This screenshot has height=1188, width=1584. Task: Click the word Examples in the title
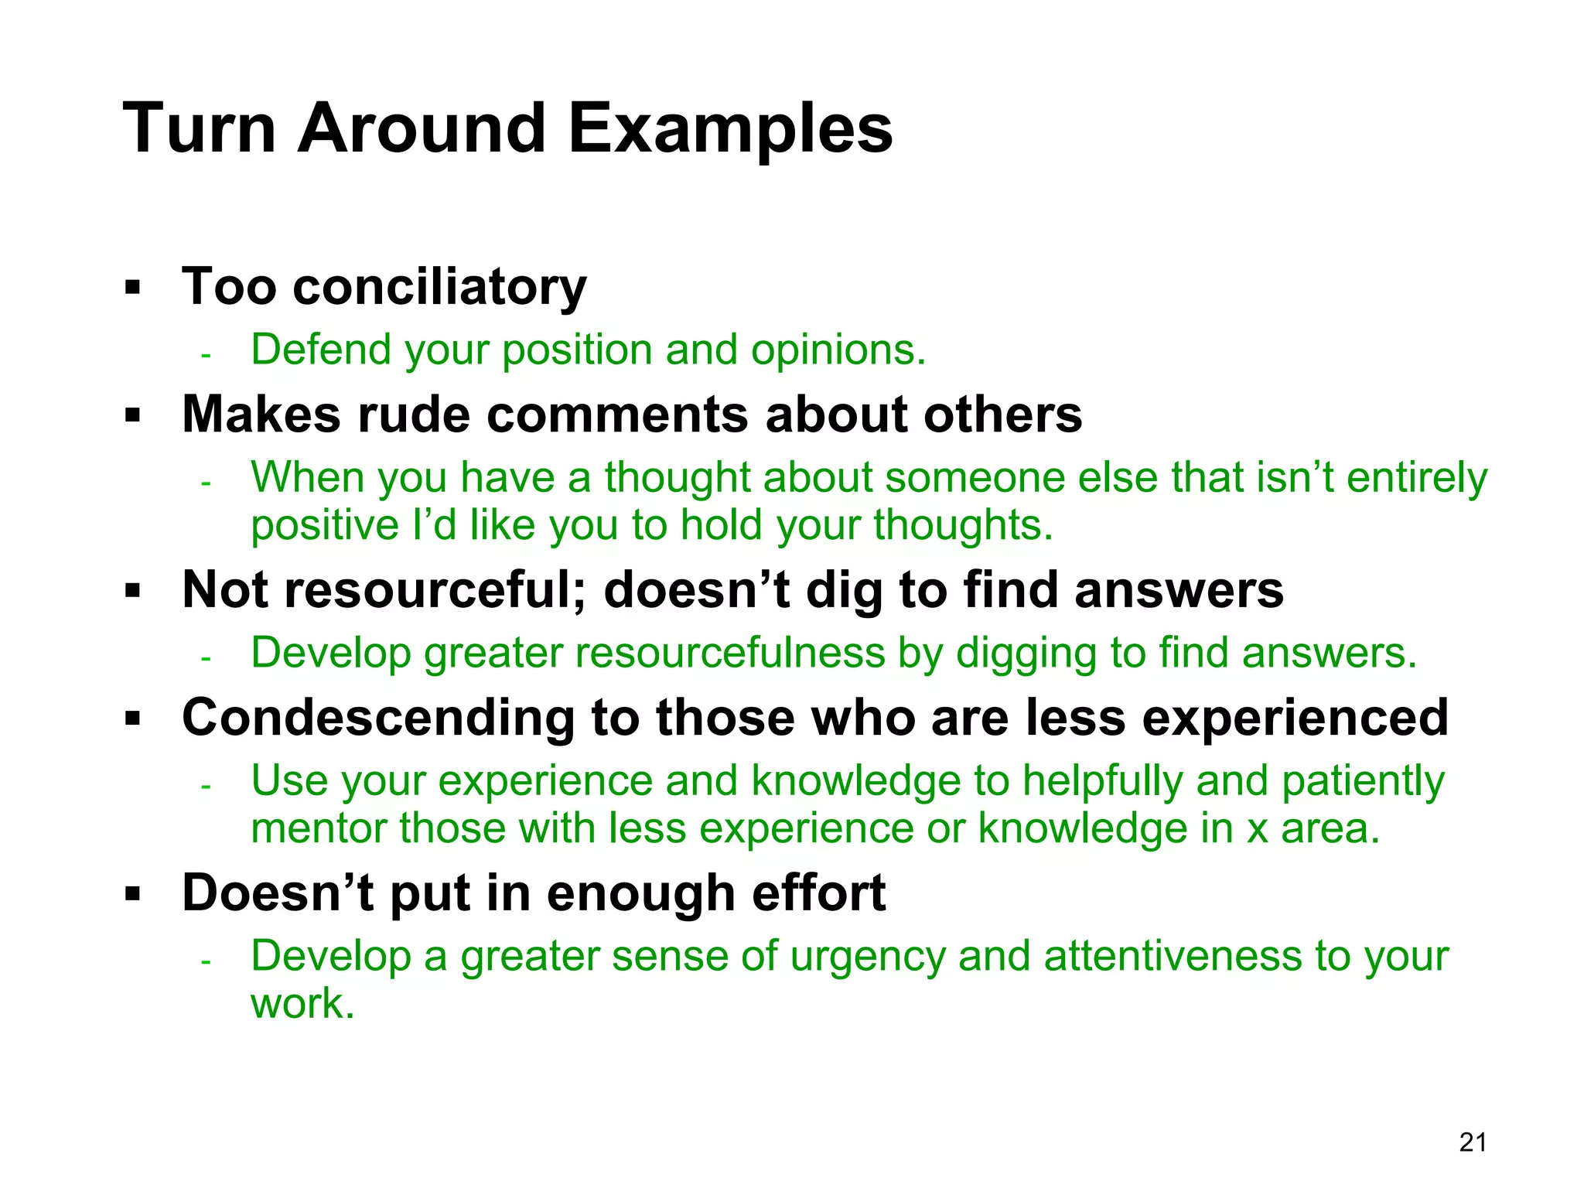730,129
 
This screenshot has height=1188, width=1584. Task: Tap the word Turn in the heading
199,129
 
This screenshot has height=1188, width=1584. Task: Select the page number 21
1473,1142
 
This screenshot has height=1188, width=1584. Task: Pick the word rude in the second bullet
413,415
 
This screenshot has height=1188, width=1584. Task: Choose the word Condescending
378,718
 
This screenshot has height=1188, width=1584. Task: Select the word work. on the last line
302,1004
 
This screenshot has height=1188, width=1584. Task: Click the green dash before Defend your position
205,356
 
